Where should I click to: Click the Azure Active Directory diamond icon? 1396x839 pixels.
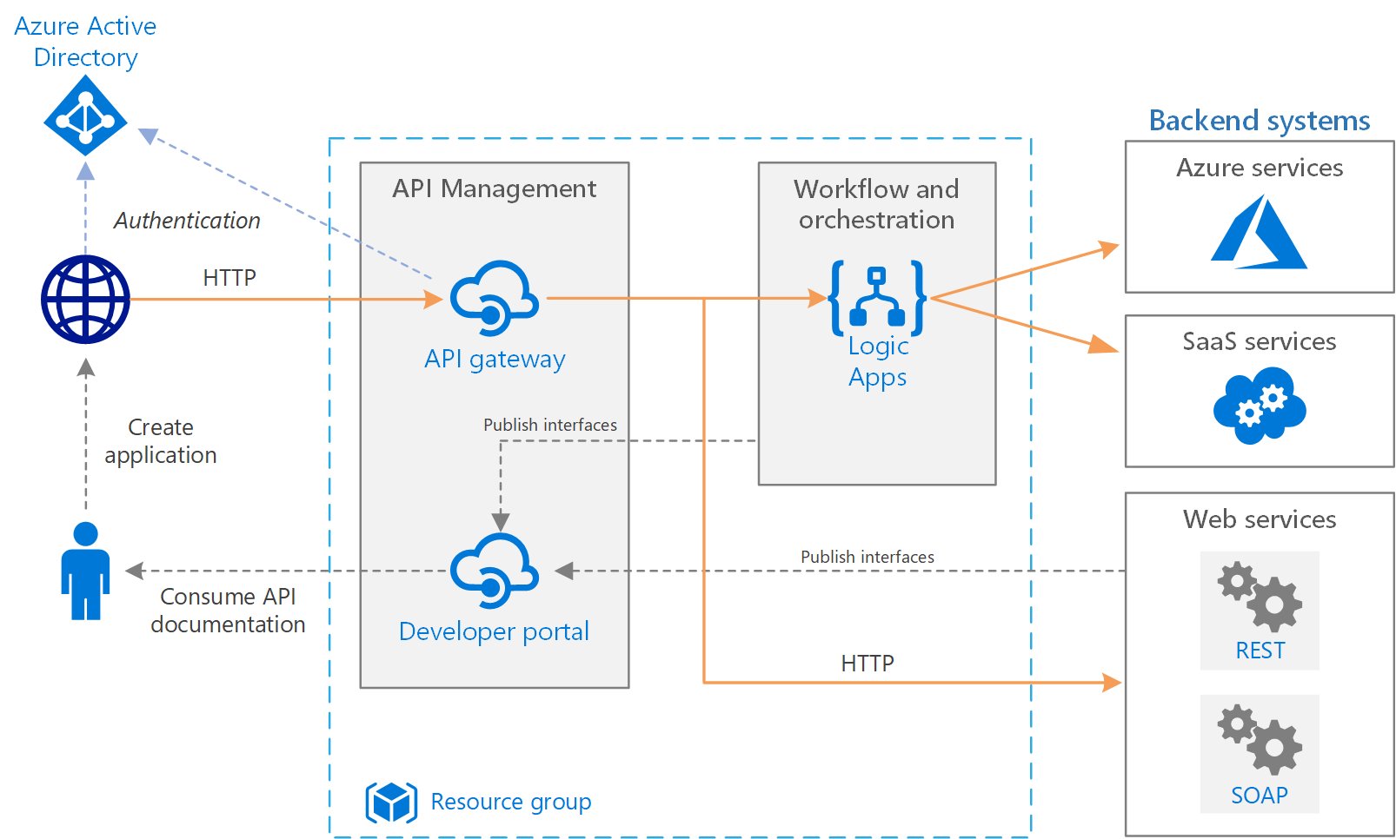click(85, 116)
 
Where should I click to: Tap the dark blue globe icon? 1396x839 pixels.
click(85, 300)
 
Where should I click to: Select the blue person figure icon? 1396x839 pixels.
click(85, 571)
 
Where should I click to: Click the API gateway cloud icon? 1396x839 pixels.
click(494, 298)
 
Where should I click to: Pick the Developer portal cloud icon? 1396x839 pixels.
click(494, 571)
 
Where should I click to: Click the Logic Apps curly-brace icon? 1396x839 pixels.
click(877, 298)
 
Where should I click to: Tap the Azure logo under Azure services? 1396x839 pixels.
click(1259, 233)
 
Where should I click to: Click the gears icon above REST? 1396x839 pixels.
click(1259, 596)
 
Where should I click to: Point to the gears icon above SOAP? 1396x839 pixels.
click(1259, 739)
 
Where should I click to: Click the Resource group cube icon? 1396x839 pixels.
click(391, 802)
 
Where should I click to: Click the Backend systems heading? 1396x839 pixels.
click(1259, 121)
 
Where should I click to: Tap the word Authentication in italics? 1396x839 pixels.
click(187, 221)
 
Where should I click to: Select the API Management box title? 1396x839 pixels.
click(494, 188)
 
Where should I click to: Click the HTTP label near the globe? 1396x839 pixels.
click(229, 278)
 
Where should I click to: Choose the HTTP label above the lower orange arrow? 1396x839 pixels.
click(867, 664)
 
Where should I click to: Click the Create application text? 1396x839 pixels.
click(161, 441)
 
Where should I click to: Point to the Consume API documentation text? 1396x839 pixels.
click(228, 611)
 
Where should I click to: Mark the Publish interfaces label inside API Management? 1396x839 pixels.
click(549, 425)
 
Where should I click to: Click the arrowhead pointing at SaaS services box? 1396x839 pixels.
click(1105, 345)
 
